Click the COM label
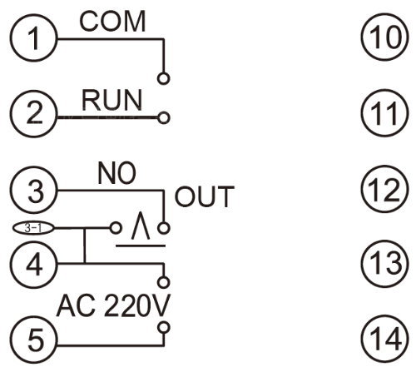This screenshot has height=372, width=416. tap(112, 22)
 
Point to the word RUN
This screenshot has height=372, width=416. tap(111, 100)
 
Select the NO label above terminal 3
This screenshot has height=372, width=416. tap(116, 173)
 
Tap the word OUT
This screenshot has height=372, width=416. tap(205, 196)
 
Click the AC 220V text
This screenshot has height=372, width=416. tap(113, 305)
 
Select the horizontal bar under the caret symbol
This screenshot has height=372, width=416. tap(141, 246)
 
